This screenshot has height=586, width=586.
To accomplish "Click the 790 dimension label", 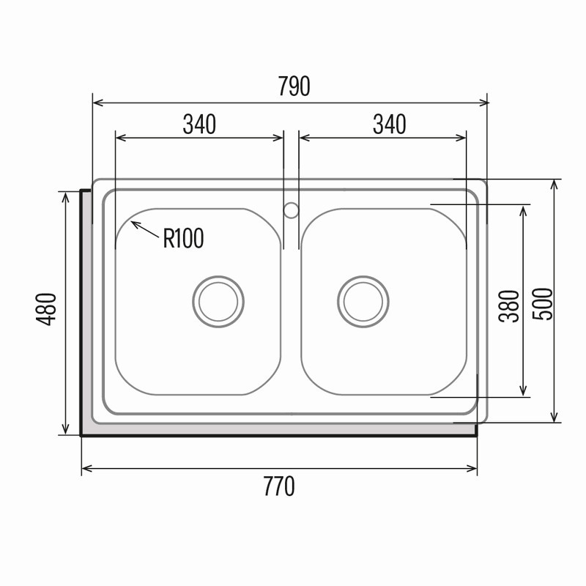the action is [294, 86].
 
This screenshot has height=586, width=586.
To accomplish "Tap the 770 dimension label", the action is [279, 486].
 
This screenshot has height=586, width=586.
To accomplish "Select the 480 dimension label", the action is [46, 309].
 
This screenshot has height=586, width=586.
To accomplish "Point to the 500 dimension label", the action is [543, 304].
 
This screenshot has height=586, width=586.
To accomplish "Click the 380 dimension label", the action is [509, 306].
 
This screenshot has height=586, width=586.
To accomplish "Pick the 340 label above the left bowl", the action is [199, 125].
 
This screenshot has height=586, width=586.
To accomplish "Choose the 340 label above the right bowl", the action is [390, 125].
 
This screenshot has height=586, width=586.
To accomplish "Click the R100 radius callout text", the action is [184, 238].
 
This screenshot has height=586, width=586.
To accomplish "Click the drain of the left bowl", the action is [218, 302].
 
